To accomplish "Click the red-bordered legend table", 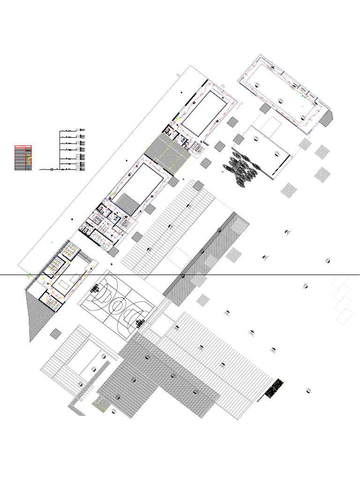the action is coord(23,158).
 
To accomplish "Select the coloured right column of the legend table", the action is coord(29,158).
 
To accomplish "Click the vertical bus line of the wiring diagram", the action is coord(60,149).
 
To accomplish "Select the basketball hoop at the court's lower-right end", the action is coord(139,323).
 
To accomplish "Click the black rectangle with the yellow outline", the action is coord(275,388).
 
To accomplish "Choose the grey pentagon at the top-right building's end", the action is coord(327,118).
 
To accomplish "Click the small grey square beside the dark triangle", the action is coord(55,333).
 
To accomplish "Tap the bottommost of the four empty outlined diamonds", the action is coord(345,317).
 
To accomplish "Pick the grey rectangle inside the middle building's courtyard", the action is coord(127,203).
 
